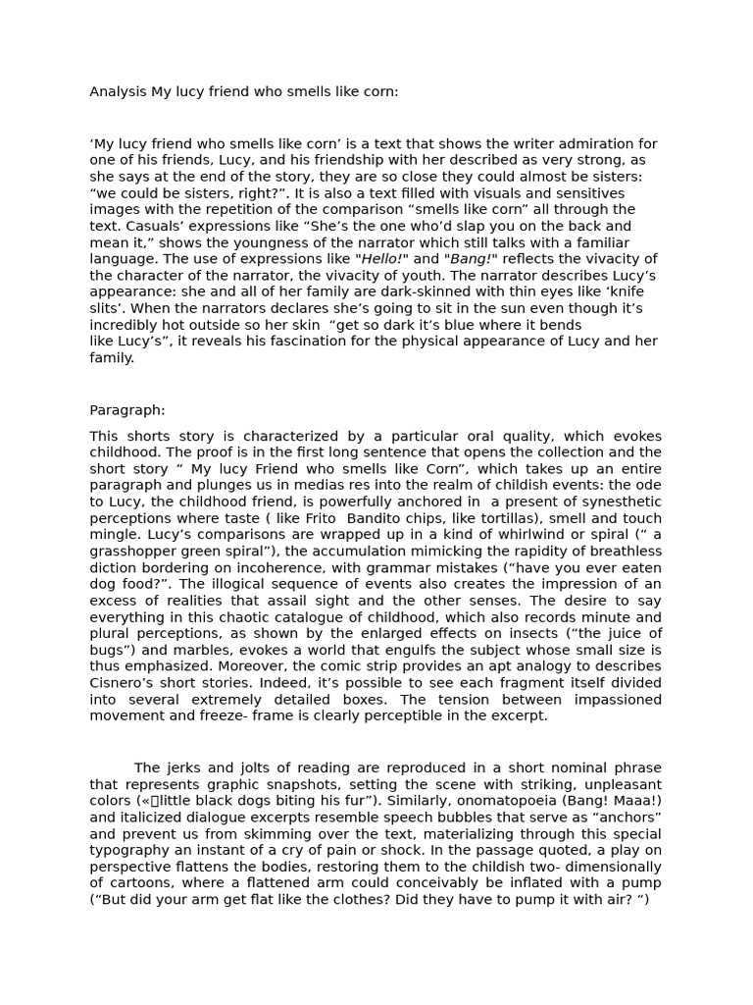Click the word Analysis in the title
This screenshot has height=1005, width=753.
coord(118,92)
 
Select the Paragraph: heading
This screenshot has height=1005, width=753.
coord(127,410)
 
